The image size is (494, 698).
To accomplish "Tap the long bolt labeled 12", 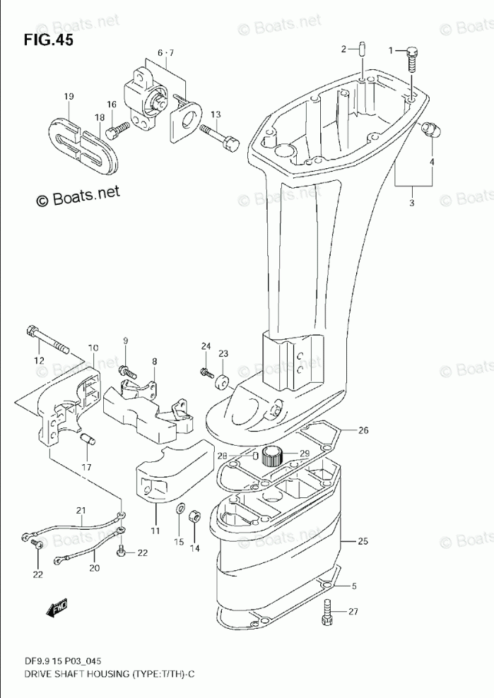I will (x=47, y=338).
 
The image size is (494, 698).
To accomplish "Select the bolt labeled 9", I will (x=128, y=369).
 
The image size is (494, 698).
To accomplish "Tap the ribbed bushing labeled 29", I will (x=272, y=456).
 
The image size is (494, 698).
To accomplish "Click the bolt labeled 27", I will (x=327, y=611).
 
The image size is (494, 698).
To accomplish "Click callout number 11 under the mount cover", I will (x=155, y=530).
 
